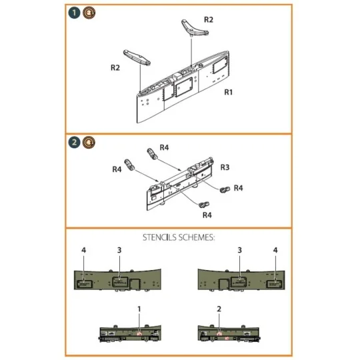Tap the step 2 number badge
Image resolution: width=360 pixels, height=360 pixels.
tap(73, 141)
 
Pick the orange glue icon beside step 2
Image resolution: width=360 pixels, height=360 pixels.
tap(87, 141)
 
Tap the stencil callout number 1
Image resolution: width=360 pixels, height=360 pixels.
tap(139, 309)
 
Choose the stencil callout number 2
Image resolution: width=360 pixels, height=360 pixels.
tap(218, 309)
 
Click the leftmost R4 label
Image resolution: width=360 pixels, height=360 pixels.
tap(117, 169)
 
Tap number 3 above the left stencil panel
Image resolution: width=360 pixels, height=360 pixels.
tap(119, 249)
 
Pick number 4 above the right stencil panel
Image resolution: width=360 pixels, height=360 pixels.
tap(275, 249)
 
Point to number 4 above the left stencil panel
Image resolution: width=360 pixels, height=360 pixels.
tap(84, 249)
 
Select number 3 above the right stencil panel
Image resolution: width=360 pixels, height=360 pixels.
tap(239, 249)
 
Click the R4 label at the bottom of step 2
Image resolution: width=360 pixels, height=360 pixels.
tap(207, 215)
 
